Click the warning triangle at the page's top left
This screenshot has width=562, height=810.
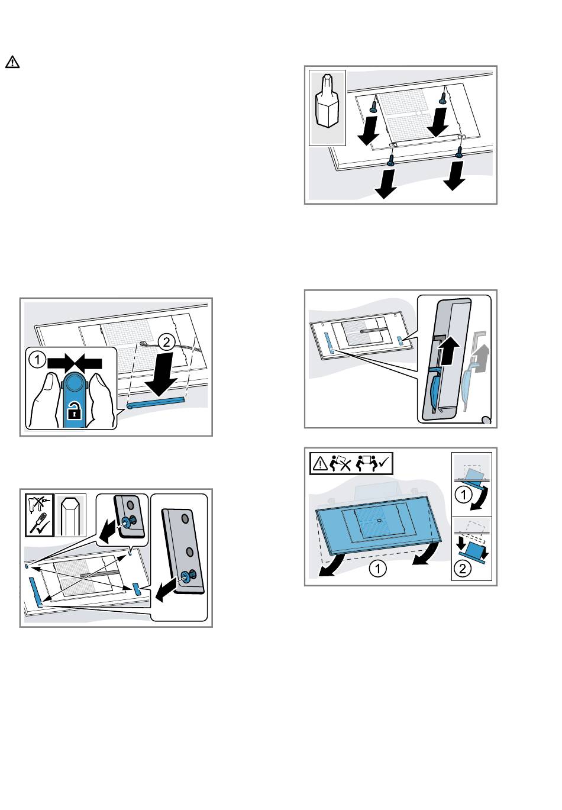tap(12, 62)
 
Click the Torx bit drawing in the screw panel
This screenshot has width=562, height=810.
tap(327, 101)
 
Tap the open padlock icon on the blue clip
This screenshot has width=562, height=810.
tap(74, 412)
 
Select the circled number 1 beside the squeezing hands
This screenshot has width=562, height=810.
tap(37, 360)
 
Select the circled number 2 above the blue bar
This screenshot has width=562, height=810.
tap(166, 342)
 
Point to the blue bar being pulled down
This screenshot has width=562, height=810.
tap(156, 402)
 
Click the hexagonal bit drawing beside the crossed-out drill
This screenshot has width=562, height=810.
tap(70, 516)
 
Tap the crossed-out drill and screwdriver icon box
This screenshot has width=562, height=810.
tap(40, 515)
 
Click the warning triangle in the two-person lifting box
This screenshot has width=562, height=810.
tap(319, 463)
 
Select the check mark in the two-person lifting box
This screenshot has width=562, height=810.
tap(383, 461)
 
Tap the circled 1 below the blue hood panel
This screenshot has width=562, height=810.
tap(377, 569)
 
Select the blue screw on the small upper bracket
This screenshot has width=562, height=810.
tap(126, 522)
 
